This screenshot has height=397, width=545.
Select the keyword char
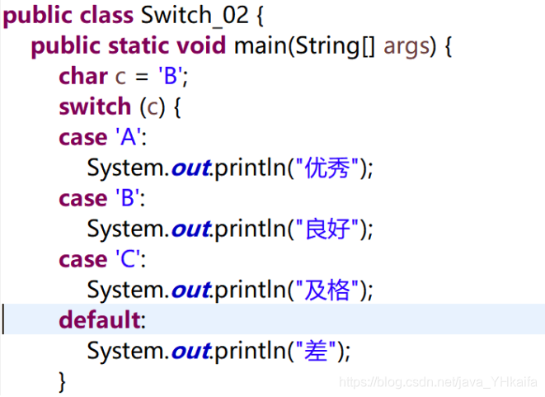click(x=82, y=76)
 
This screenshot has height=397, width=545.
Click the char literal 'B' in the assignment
click(x=171, y=76)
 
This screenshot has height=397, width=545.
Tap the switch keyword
click(x=94, y=106)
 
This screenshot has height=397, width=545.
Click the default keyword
click(x=99, y=320)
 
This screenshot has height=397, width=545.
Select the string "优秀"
click(x=326, y=168)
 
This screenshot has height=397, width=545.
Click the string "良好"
click(x=326, y=229)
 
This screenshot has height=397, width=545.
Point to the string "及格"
click(x=326, y=290)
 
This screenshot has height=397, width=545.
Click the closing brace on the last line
click(x=62, y=380)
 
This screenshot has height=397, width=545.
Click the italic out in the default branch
click(x=190, y=351)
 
